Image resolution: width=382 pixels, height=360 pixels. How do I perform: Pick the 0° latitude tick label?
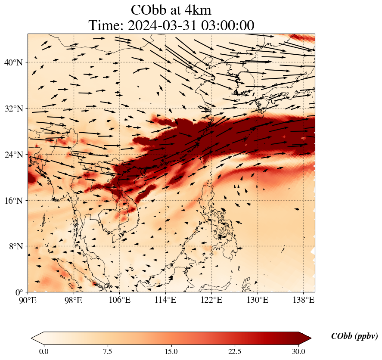coord(20,292)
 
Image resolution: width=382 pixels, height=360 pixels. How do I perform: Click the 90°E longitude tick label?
coord(28,300)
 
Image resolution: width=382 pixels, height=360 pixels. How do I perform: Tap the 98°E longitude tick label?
coord(74,300)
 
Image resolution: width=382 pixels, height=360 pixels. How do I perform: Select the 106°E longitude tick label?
coord(120,300)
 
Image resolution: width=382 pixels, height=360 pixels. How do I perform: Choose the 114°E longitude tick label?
coord(166,300)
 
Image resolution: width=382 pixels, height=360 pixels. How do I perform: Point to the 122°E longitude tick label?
coord(211,300)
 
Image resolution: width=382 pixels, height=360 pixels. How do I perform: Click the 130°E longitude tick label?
coord(258,300)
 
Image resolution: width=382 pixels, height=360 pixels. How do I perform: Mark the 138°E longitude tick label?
coord(303,300)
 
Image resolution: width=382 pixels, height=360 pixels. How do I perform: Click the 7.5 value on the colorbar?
coord(107,351)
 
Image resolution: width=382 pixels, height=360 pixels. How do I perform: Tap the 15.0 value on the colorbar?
coord(171,351)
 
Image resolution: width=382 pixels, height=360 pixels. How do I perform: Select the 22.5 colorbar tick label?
coord(235,351)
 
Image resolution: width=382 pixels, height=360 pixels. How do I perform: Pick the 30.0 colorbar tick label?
coord(299,351)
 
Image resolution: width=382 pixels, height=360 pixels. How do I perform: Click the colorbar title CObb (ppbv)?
coord(354,337)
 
